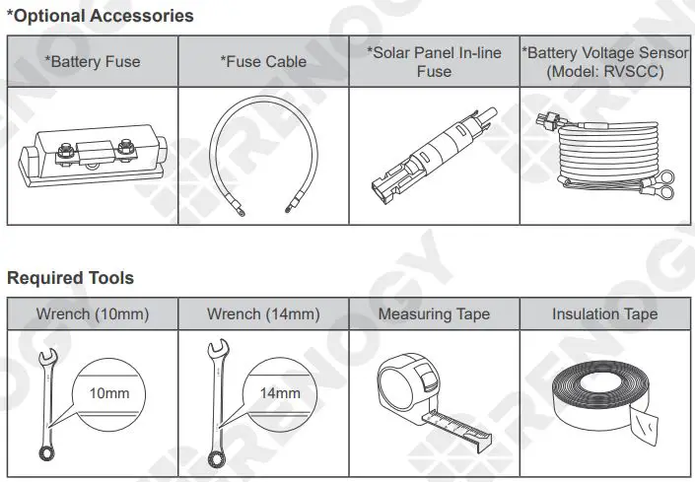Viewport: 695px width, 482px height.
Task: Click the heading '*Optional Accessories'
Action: (x=101, y=16)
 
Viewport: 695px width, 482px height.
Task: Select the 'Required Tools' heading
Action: (x=70, y=278)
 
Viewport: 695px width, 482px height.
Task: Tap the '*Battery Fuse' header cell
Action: (x=93, y=61)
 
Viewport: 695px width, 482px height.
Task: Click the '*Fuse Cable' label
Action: (x=263, y=61)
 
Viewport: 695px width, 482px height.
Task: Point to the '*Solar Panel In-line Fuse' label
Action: (x=434, y=61)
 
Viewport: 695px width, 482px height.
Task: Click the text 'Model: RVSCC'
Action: (x=605, y=72)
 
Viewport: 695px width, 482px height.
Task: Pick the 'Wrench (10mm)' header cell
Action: (x=93, y=314)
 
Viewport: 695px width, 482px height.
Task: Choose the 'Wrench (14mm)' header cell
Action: (x=263, y=314)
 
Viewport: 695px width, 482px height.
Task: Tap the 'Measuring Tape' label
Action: (x=434, y=314)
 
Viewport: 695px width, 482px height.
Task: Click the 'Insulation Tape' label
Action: (x=605, y=314)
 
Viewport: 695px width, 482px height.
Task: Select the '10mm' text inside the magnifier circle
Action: (x=109, y=394)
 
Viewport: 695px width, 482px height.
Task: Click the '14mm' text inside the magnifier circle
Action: (x=280, y=394)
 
